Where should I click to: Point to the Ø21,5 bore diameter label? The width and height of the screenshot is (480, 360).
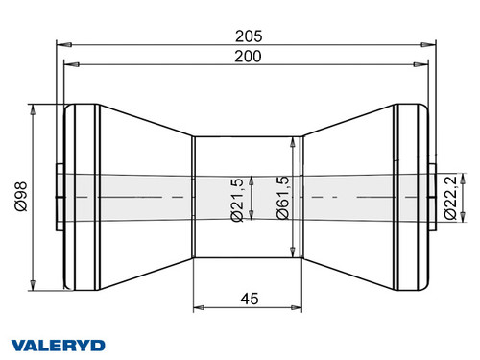click(237, 199)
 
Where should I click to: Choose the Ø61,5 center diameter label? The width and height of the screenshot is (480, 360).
click(281, 199)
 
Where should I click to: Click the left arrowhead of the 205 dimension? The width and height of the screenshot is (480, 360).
click(60, 43)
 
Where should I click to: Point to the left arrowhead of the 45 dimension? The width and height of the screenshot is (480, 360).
click(199, 308)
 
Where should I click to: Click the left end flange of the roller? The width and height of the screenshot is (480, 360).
click(82, 197)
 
